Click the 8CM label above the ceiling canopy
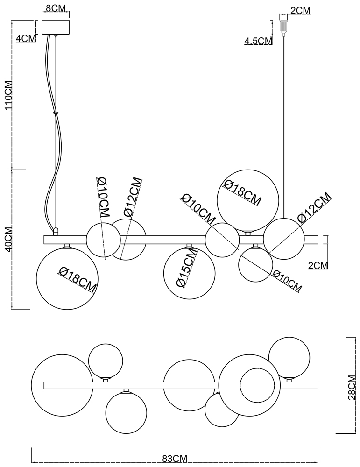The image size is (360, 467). tap(56, 8)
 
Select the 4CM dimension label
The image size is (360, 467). tap(26, 39)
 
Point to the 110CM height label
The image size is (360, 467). tap(9, 95)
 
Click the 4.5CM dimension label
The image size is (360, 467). tap(258, 41)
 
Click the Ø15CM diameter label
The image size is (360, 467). tap(185, 273)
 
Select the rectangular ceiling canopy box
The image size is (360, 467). tap(56, 27)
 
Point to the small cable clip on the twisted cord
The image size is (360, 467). tap(56, 113)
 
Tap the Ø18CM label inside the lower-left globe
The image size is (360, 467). tap(78, 279)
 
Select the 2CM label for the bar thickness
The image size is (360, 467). tap(318, 265)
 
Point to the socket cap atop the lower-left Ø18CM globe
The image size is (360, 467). tap(67, 246)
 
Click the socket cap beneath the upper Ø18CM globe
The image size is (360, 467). tap(248, 233)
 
